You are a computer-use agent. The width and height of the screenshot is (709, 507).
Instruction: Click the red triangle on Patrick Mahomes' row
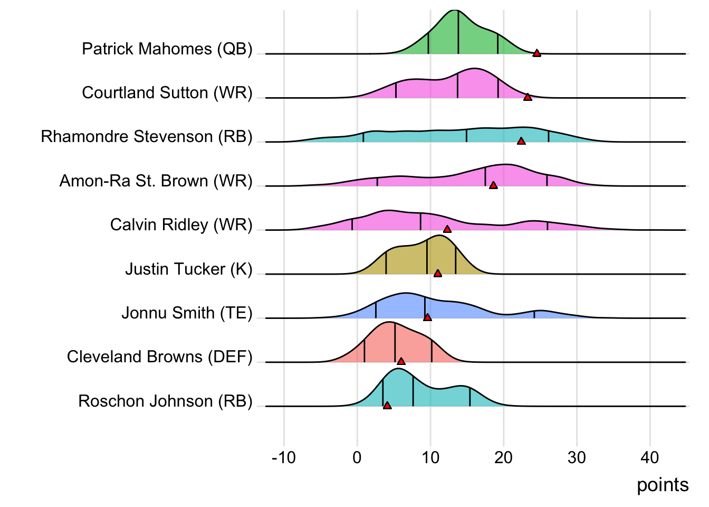click(536, 53)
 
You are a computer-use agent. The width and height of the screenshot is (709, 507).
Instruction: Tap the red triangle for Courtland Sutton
click(528, 97)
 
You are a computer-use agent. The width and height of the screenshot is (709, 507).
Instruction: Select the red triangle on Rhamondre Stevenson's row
click(521, 141)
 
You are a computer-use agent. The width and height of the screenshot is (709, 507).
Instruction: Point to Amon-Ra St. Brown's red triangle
click(493, 185)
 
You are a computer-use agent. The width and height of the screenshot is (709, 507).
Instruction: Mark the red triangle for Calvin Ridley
click(447, 229)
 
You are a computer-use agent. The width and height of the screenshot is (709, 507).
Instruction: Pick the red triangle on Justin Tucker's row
click(437, 273)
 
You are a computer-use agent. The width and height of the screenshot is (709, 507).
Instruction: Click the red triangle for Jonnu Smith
click(427, 317)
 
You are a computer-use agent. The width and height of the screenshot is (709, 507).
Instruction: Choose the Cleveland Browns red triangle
click(401, 361)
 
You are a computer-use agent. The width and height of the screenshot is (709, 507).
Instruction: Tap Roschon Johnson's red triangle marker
click(387, 405)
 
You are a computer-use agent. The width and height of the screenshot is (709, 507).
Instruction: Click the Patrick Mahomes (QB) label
click(167, 49)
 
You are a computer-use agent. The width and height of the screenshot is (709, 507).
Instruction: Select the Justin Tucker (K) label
click(188, 269)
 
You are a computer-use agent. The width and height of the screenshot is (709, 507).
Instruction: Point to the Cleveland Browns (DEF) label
click(159, 357)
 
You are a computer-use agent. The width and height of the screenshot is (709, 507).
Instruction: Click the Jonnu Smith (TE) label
click(187, 313)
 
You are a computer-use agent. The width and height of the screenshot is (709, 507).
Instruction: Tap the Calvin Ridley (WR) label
click(181, 225)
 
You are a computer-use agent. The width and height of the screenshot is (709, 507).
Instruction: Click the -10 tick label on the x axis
click(284, 457)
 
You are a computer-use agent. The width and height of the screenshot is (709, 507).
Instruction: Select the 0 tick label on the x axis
click(357, 457)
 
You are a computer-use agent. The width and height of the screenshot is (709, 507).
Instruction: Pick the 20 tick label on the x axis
click(503, 457)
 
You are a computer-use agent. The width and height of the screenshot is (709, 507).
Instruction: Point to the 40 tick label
click(650, 457)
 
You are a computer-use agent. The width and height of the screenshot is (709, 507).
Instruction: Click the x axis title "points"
click(663, 485)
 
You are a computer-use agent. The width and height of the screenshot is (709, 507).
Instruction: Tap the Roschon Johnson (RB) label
click(165, 401)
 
